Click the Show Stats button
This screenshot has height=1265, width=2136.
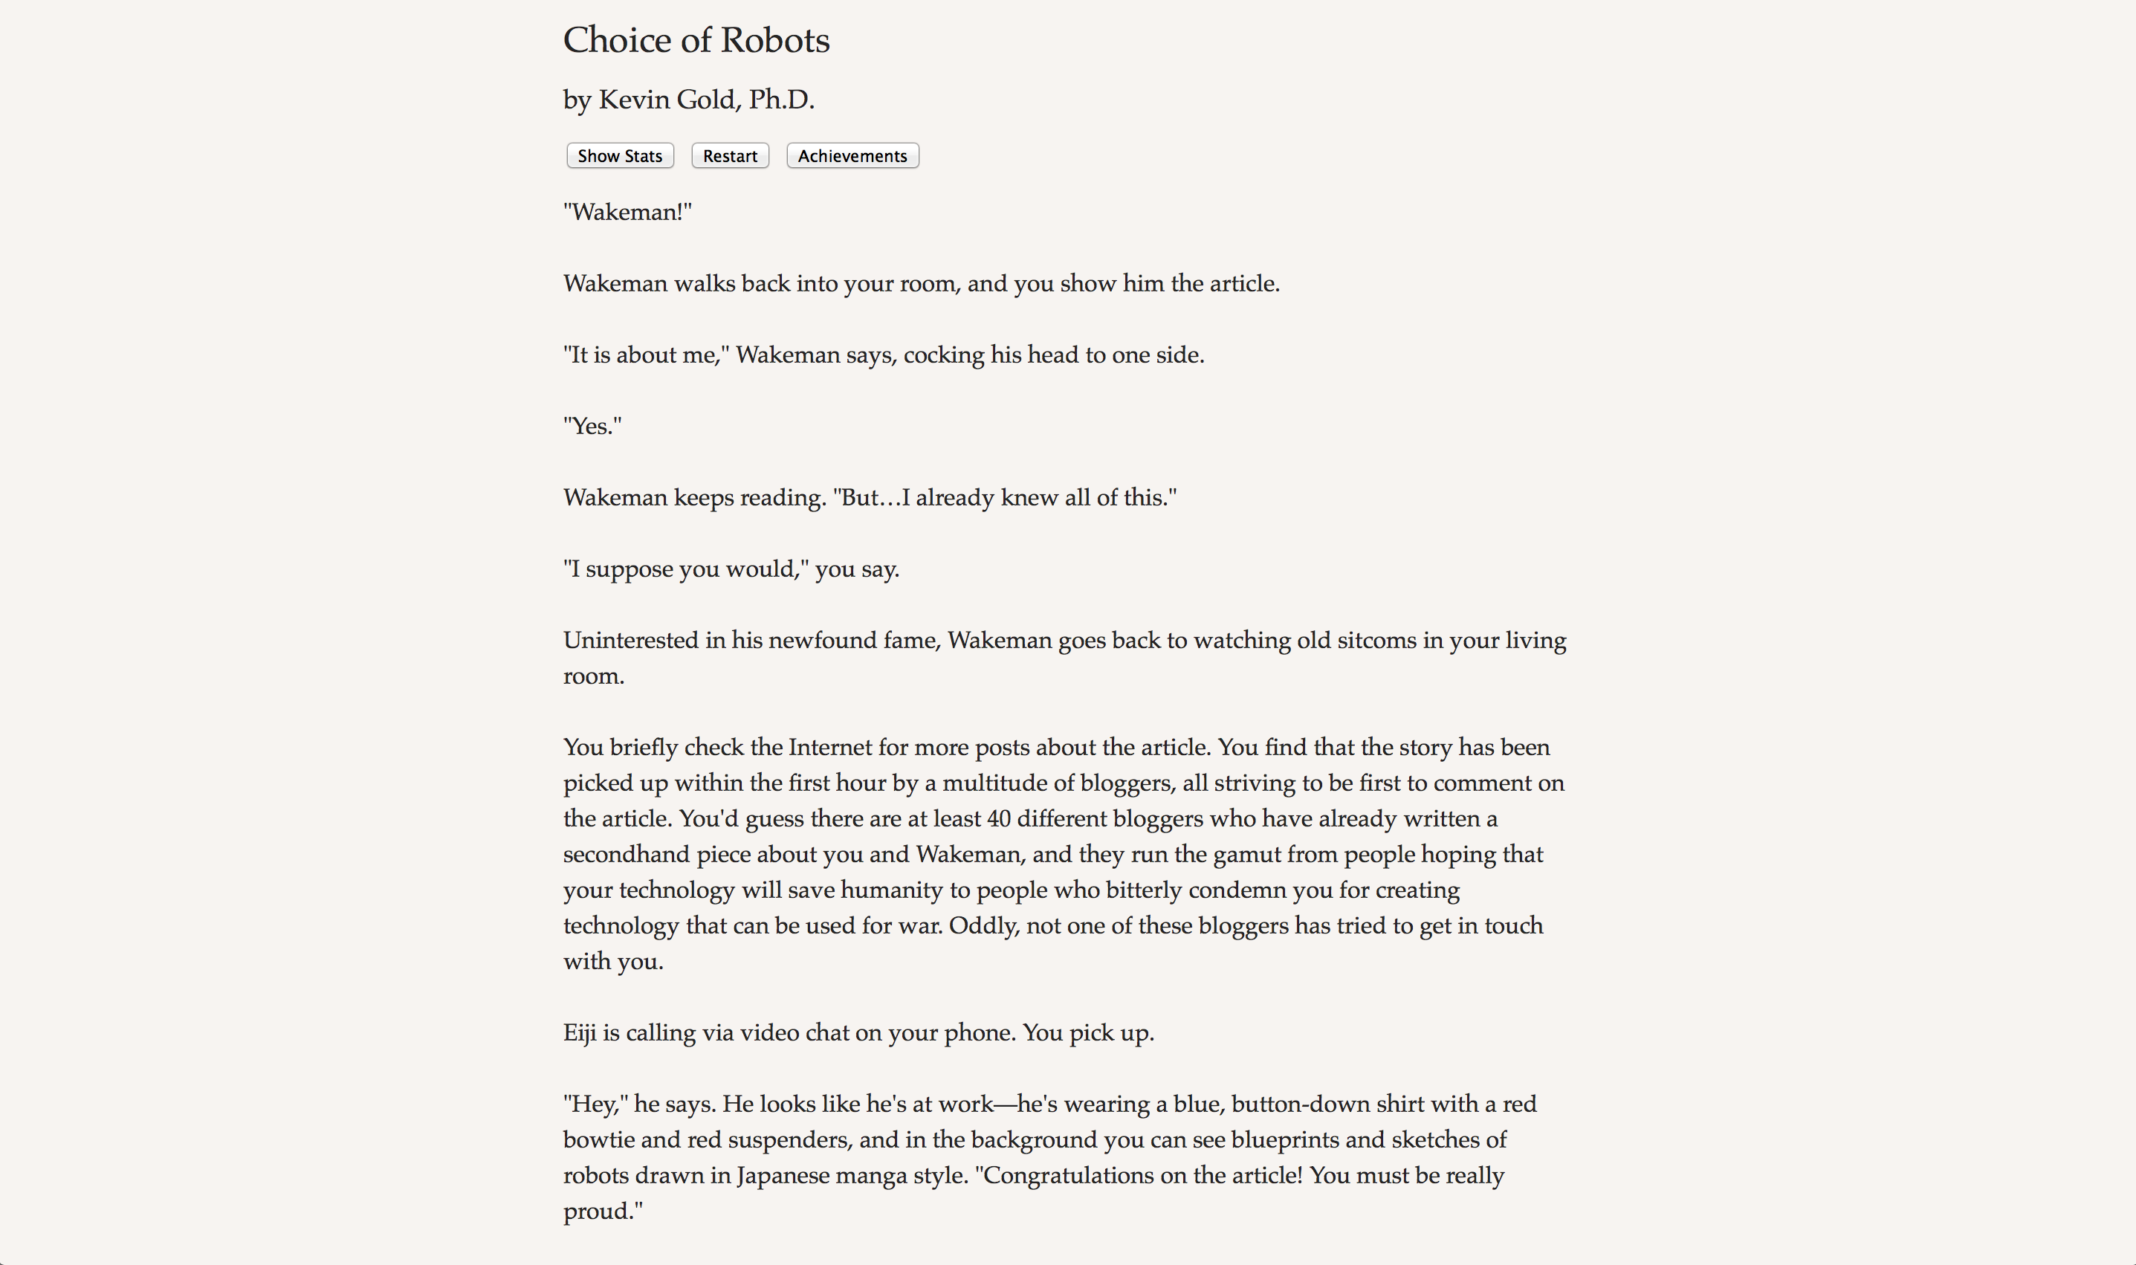click(620, 156)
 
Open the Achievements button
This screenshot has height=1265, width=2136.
click(852, 156)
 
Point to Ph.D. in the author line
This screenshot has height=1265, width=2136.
click(781, 100)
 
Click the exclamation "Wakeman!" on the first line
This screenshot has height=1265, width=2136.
click(627, 213)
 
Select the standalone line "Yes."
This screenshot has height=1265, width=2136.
click(592, 426)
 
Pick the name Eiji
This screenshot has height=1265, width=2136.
click(580, 1033)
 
